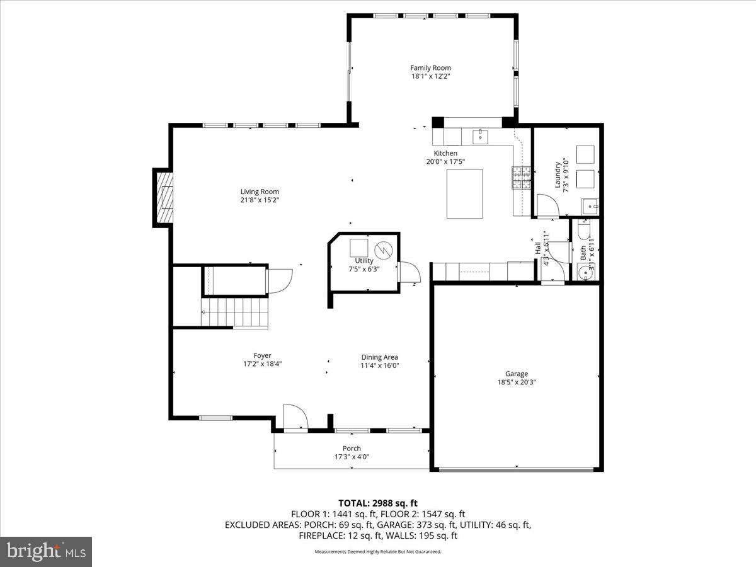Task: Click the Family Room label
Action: click(430, 68)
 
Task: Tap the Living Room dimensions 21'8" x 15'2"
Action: click(260, 200)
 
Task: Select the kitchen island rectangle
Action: click(465, 193)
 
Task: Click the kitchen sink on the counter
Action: click(481, 135)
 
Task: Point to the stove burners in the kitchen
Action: click(520, 178)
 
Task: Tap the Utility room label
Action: click(364, 261)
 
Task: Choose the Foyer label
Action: click(262, 356)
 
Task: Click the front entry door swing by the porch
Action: click(294, 418)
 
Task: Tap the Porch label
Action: click(352, 449)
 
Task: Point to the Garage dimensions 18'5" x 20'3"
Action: click(516, 382)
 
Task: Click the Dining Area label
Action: click(379, 357)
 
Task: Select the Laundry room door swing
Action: click(546, 205)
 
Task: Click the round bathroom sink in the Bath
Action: click(583, 273)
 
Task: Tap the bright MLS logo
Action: click(46, 551)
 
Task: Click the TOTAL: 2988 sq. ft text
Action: click(377, 503)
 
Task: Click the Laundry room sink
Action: click(591, 205)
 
